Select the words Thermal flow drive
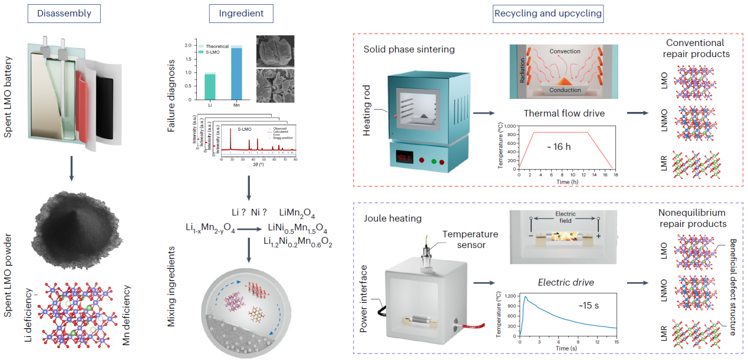click(x=562, y=113)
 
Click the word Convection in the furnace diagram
click(x=565, y=51)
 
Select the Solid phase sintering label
click(x=409, y=49)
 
